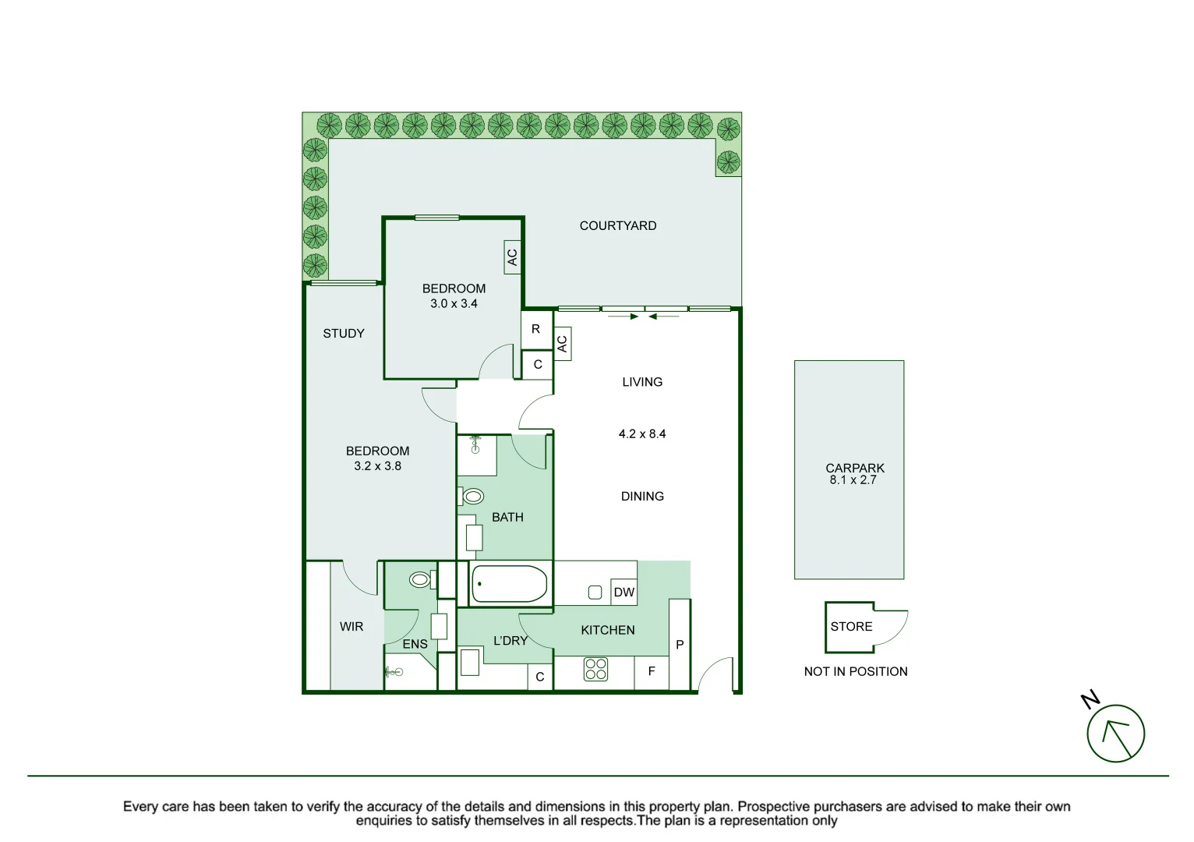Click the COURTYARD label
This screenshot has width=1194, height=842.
[x=617, y=226]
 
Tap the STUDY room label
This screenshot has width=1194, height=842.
[x=344, y=334]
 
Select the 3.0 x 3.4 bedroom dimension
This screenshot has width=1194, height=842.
[x=454, y=304]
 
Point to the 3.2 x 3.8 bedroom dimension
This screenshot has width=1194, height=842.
[x=377, y=466]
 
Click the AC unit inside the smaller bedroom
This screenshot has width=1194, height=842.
[x=512, y=256]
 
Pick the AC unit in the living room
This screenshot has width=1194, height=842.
[x=562, y=343]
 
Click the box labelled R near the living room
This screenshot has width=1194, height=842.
[x=536, y=330]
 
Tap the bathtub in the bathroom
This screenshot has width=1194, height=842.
[x=510, y=584]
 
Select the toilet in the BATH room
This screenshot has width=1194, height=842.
[x=472, y=496]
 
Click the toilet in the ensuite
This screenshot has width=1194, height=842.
[x=421, y=579]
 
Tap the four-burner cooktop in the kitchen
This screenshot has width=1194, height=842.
[x=595, y=670]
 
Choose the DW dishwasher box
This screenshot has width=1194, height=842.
[x=623, y=593]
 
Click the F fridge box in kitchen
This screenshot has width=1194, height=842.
[x=652, y=671]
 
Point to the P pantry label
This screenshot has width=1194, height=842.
[x=680, y=646]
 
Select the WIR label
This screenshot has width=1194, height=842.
[x=351, y=627]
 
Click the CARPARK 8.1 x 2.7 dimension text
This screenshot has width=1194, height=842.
[x=853, y=480]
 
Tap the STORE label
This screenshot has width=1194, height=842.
[x=851, y=627]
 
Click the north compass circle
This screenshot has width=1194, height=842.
[x=1115, y=734]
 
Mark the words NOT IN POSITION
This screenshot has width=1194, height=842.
[x=855, y=672]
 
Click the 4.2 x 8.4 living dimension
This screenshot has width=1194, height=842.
[x=642, y=434]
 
